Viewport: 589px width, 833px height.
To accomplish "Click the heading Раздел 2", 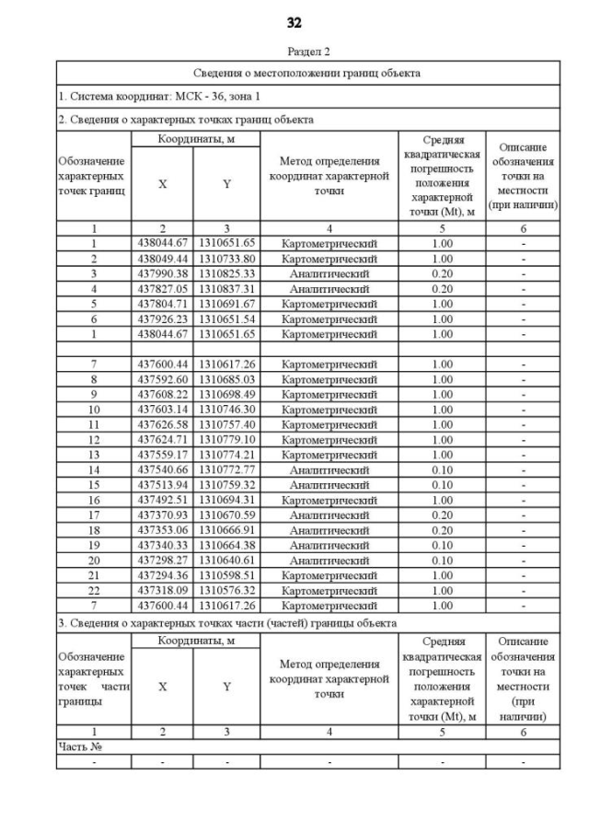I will point(294,52).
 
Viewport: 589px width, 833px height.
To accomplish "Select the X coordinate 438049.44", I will point(162,260).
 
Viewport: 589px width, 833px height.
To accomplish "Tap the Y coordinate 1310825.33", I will point(226,274).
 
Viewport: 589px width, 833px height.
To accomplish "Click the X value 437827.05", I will point(162,289).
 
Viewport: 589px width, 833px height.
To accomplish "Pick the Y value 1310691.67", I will point(226,304).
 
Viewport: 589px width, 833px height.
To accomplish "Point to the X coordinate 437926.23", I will point(162,318).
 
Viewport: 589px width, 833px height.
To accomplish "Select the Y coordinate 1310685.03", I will point(226,378).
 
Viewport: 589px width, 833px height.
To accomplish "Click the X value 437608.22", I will point(162,393).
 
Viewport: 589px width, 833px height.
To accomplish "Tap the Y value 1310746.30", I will point(226,408).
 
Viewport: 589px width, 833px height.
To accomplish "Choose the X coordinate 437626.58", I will point(162,424).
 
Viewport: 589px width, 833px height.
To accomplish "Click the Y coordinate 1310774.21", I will point(226,455).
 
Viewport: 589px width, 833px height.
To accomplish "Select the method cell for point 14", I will point(329,469).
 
